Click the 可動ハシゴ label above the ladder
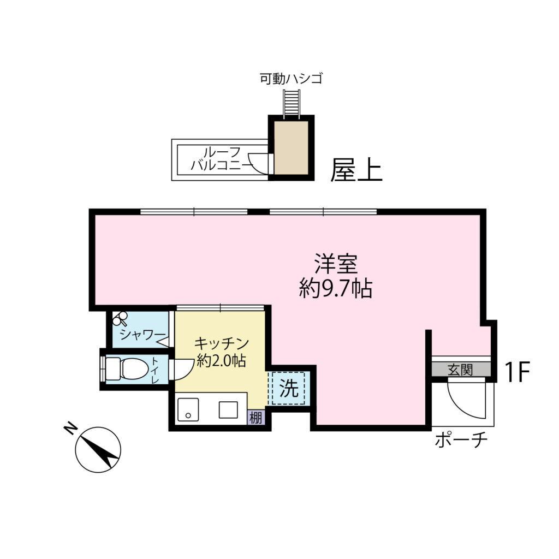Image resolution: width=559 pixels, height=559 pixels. tap(291, 79)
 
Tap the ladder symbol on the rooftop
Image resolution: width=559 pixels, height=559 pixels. tap(291, 104)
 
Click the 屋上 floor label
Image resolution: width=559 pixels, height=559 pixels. tap(356, 171)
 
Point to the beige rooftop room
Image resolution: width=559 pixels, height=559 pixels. tap(291, 147)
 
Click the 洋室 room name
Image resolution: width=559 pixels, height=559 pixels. tap(335, 264)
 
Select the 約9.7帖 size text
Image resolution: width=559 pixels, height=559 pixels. tap(335, 288)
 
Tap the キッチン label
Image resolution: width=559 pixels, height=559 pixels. tap(222, 344)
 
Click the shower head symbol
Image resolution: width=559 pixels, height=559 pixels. tap(121, 317)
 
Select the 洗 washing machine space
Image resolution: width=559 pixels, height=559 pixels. tap(289, 388)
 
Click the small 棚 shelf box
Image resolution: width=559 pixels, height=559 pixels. tap(255, 418)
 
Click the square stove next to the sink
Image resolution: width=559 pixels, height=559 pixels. tap(228, 409)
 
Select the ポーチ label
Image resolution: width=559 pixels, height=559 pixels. tap(460, 440)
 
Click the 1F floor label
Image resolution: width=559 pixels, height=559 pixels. tap(516, 372)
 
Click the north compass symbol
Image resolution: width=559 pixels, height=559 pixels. tap(98, 449)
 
